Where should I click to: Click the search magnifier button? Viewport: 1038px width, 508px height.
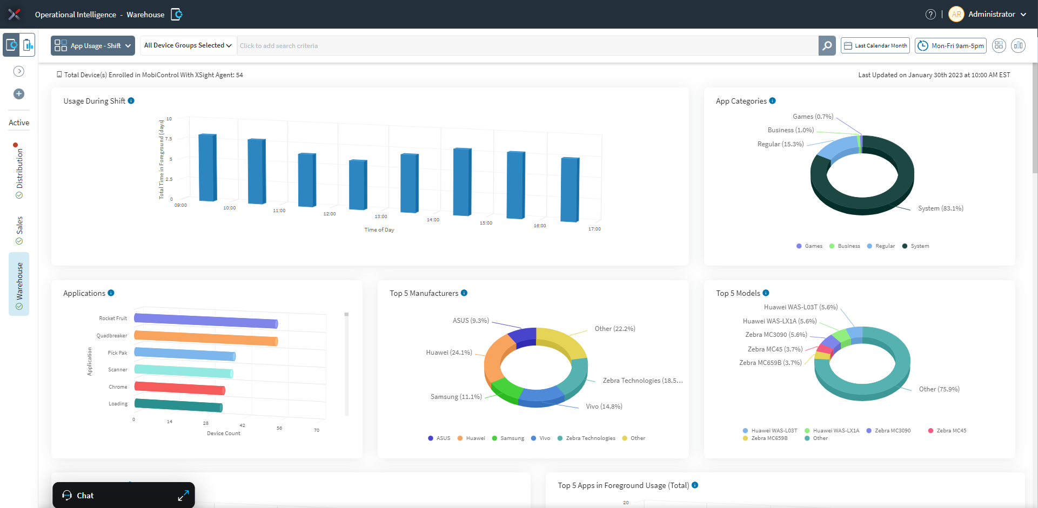(x=827, y=46)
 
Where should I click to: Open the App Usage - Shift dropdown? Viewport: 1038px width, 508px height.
(x=93, y=46)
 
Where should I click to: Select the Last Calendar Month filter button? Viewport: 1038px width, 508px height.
(x=875, y=46)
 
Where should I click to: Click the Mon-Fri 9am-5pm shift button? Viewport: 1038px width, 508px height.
(x=950, y=46)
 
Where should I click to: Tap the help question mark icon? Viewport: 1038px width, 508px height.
(x=930, y=15)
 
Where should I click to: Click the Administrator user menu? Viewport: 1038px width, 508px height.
(x=991, y=15)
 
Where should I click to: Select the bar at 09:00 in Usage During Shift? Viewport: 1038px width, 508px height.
(x=207, y=167)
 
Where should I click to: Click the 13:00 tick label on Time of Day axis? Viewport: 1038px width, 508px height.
(x=381, y=216)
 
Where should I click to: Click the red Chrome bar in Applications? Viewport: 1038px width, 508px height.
(x=179, y=388)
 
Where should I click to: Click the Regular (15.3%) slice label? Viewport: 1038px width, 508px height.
(x=780, y=144)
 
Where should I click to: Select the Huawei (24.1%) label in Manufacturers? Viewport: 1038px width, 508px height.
(x=448, y=353)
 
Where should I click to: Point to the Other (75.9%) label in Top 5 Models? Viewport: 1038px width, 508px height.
(x=939, y=389)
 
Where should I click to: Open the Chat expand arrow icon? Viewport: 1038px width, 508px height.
(x=183, y=496)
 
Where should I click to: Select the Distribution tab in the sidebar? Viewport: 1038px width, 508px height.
(x=19, y=168)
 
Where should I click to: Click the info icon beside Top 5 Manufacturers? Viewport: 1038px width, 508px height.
(x=464, y=293)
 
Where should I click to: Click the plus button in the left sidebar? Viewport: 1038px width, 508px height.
(x=19, y=94)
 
